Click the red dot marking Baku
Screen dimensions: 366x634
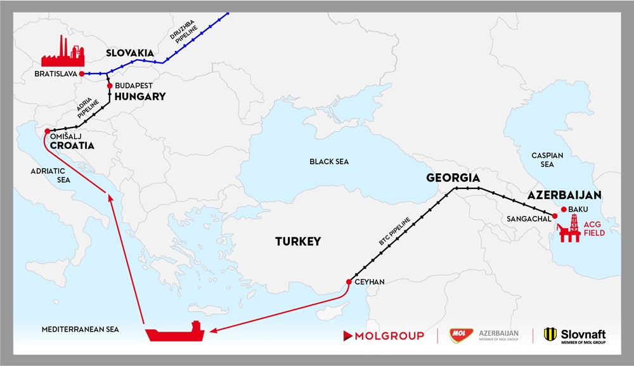click(x=564, y=209)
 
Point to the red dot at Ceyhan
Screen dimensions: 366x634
click(x=349, y=282)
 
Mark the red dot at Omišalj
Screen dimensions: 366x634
click(x=48, y=131)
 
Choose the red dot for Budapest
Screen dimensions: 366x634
click(x=110, y=86)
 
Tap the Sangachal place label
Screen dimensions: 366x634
click(x=525, y=218)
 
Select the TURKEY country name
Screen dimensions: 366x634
click(x=297, y=242)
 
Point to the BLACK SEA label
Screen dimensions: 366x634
click(x=329, y=162)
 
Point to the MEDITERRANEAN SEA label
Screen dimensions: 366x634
click(x=80, y=329)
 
